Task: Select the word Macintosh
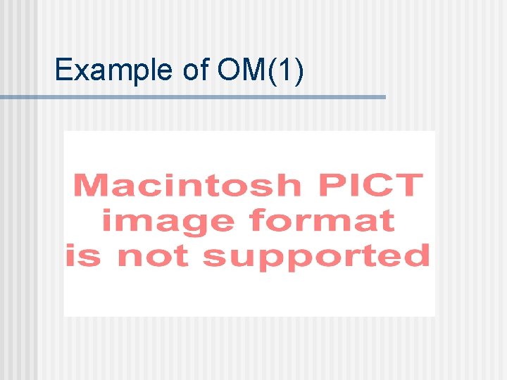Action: click(187, 186)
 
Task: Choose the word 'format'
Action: click(322, 221)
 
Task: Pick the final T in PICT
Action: click(409, 186)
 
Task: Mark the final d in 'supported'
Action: click(418, 255)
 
